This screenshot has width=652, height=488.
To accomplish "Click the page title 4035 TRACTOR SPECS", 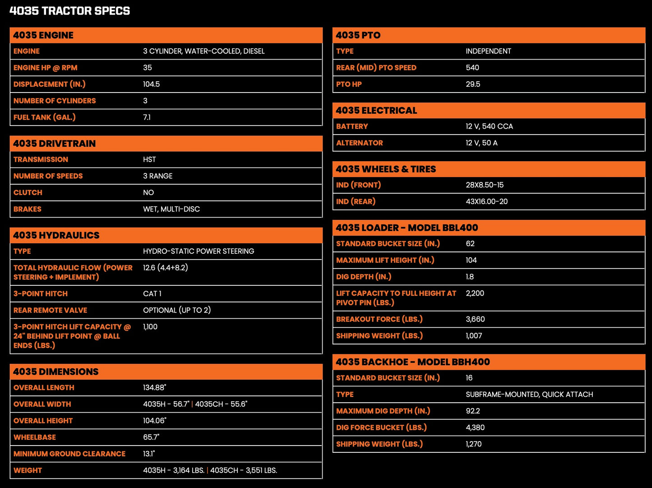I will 69,11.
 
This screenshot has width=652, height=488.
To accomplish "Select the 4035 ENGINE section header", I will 43,35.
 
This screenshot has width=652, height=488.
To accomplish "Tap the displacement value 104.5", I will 152,84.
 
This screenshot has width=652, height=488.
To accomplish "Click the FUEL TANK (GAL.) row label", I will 45,117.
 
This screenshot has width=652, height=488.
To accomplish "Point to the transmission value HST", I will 149,160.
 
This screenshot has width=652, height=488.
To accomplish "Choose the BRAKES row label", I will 28,209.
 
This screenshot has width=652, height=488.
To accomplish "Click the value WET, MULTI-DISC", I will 171,209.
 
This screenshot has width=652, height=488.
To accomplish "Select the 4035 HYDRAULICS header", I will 56,235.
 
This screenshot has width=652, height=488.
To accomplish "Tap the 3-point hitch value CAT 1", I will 152,294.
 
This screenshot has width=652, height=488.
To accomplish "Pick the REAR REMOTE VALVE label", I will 51,311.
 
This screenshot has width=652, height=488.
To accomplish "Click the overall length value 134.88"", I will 155,388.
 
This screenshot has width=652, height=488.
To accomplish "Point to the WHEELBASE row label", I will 35,437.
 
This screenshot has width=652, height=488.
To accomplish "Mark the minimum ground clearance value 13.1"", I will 149,454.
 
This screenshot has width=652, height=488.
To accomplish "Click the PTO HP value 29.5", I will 473,84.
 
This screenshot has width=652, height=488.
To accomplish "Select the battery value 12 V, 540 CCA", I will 490,126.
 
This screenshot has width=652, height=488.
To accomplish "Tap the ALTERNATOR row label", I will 360,143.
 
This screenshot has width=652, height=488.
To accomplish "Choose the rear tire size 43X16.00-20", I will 487,202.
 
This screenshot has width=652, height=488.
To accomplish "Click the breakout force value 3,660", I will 476,320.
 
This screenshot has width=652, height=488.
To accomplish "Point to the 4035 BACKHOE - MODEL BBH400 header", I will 413,362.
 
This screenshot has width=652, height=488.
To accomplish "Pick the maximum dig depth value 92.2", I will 473,411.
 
